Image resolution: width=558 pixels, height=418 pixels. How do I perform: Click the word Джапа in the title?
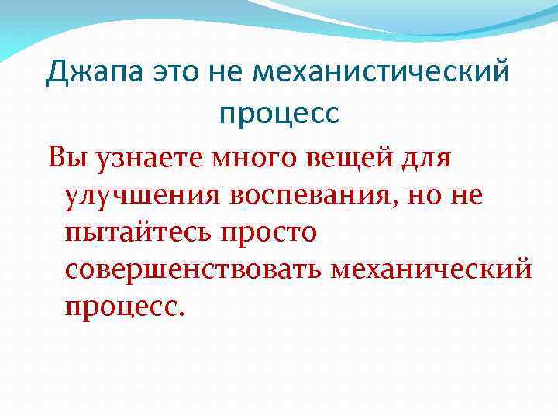click(x=92, y=74)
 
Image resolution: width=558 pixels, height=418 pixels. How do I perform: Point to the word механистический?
click(x=382, y=74)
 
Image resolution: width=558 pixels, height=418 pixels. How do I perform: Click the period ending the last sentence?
click(x=182, y=313)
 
